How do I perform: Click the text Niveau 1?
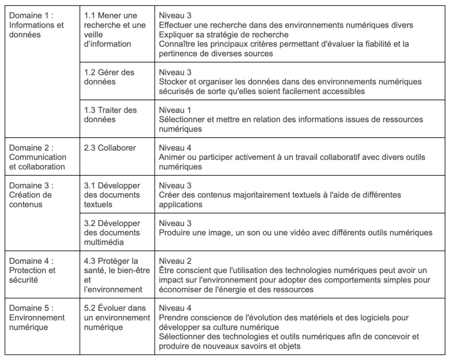tap(175, 110)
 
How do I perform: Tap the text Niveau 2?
tap(175, 261)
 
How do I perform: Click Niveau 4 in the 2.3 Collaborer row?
tap(175, 148)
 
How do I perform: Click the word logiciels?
tap(367, 317)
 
